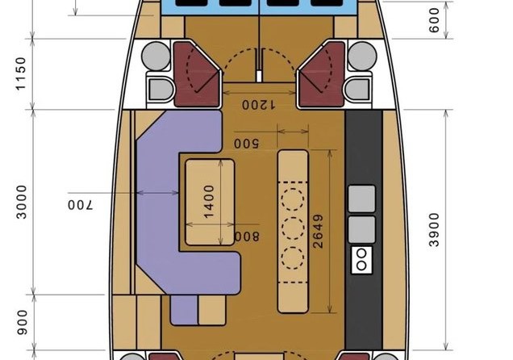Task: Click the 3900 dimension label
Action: (x=434, y=229)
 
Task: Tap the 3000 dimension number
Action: (x=22, y=202)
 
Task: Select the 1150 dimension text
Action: (x=21, y=73)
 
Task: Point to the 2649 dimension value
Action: (x=318, y=231)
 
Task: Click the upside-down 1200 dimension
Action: (x=258, y=105)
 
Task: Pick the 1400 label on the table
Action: (x=209, y=201)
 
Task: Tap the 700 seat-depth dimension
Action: (x=81, y=205)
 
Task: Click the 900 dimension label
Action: (x=23, y=322)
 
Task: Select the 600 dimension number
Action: (x=434, y=20)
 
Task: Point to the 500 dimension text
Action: (x=247, y=144)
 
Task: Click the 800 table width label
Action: (x=248, y=237)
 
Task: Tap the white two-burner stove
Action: (x=361, y=260)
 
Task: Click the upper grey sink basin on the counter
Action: (x=361, y=199)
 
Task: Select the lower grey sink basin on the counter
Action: (x=361, y=229)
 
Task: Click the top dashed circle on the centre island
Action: (x=293, y=199)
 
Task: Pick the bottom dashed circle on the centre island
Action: (x=293, y=258)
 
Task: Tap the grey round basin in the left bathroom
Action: (x=156, y=56)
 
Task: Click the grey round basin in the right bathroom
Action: (x=362, y=56)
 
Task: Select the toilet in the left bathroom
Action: (x=161, y=89)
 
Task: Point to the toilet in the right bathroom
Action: (x=357, y=89)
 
